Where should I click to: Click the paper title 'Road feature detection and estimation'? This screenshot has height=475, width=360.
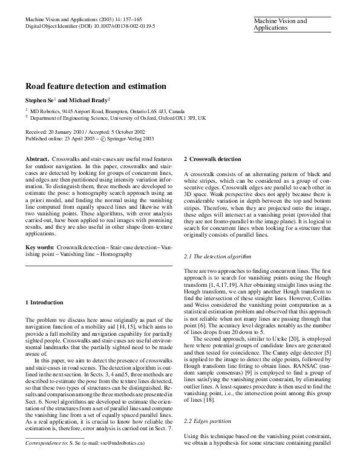(96, 87)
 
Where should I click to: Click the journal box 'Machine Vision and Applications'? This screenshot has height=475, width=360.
(280, 25)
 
